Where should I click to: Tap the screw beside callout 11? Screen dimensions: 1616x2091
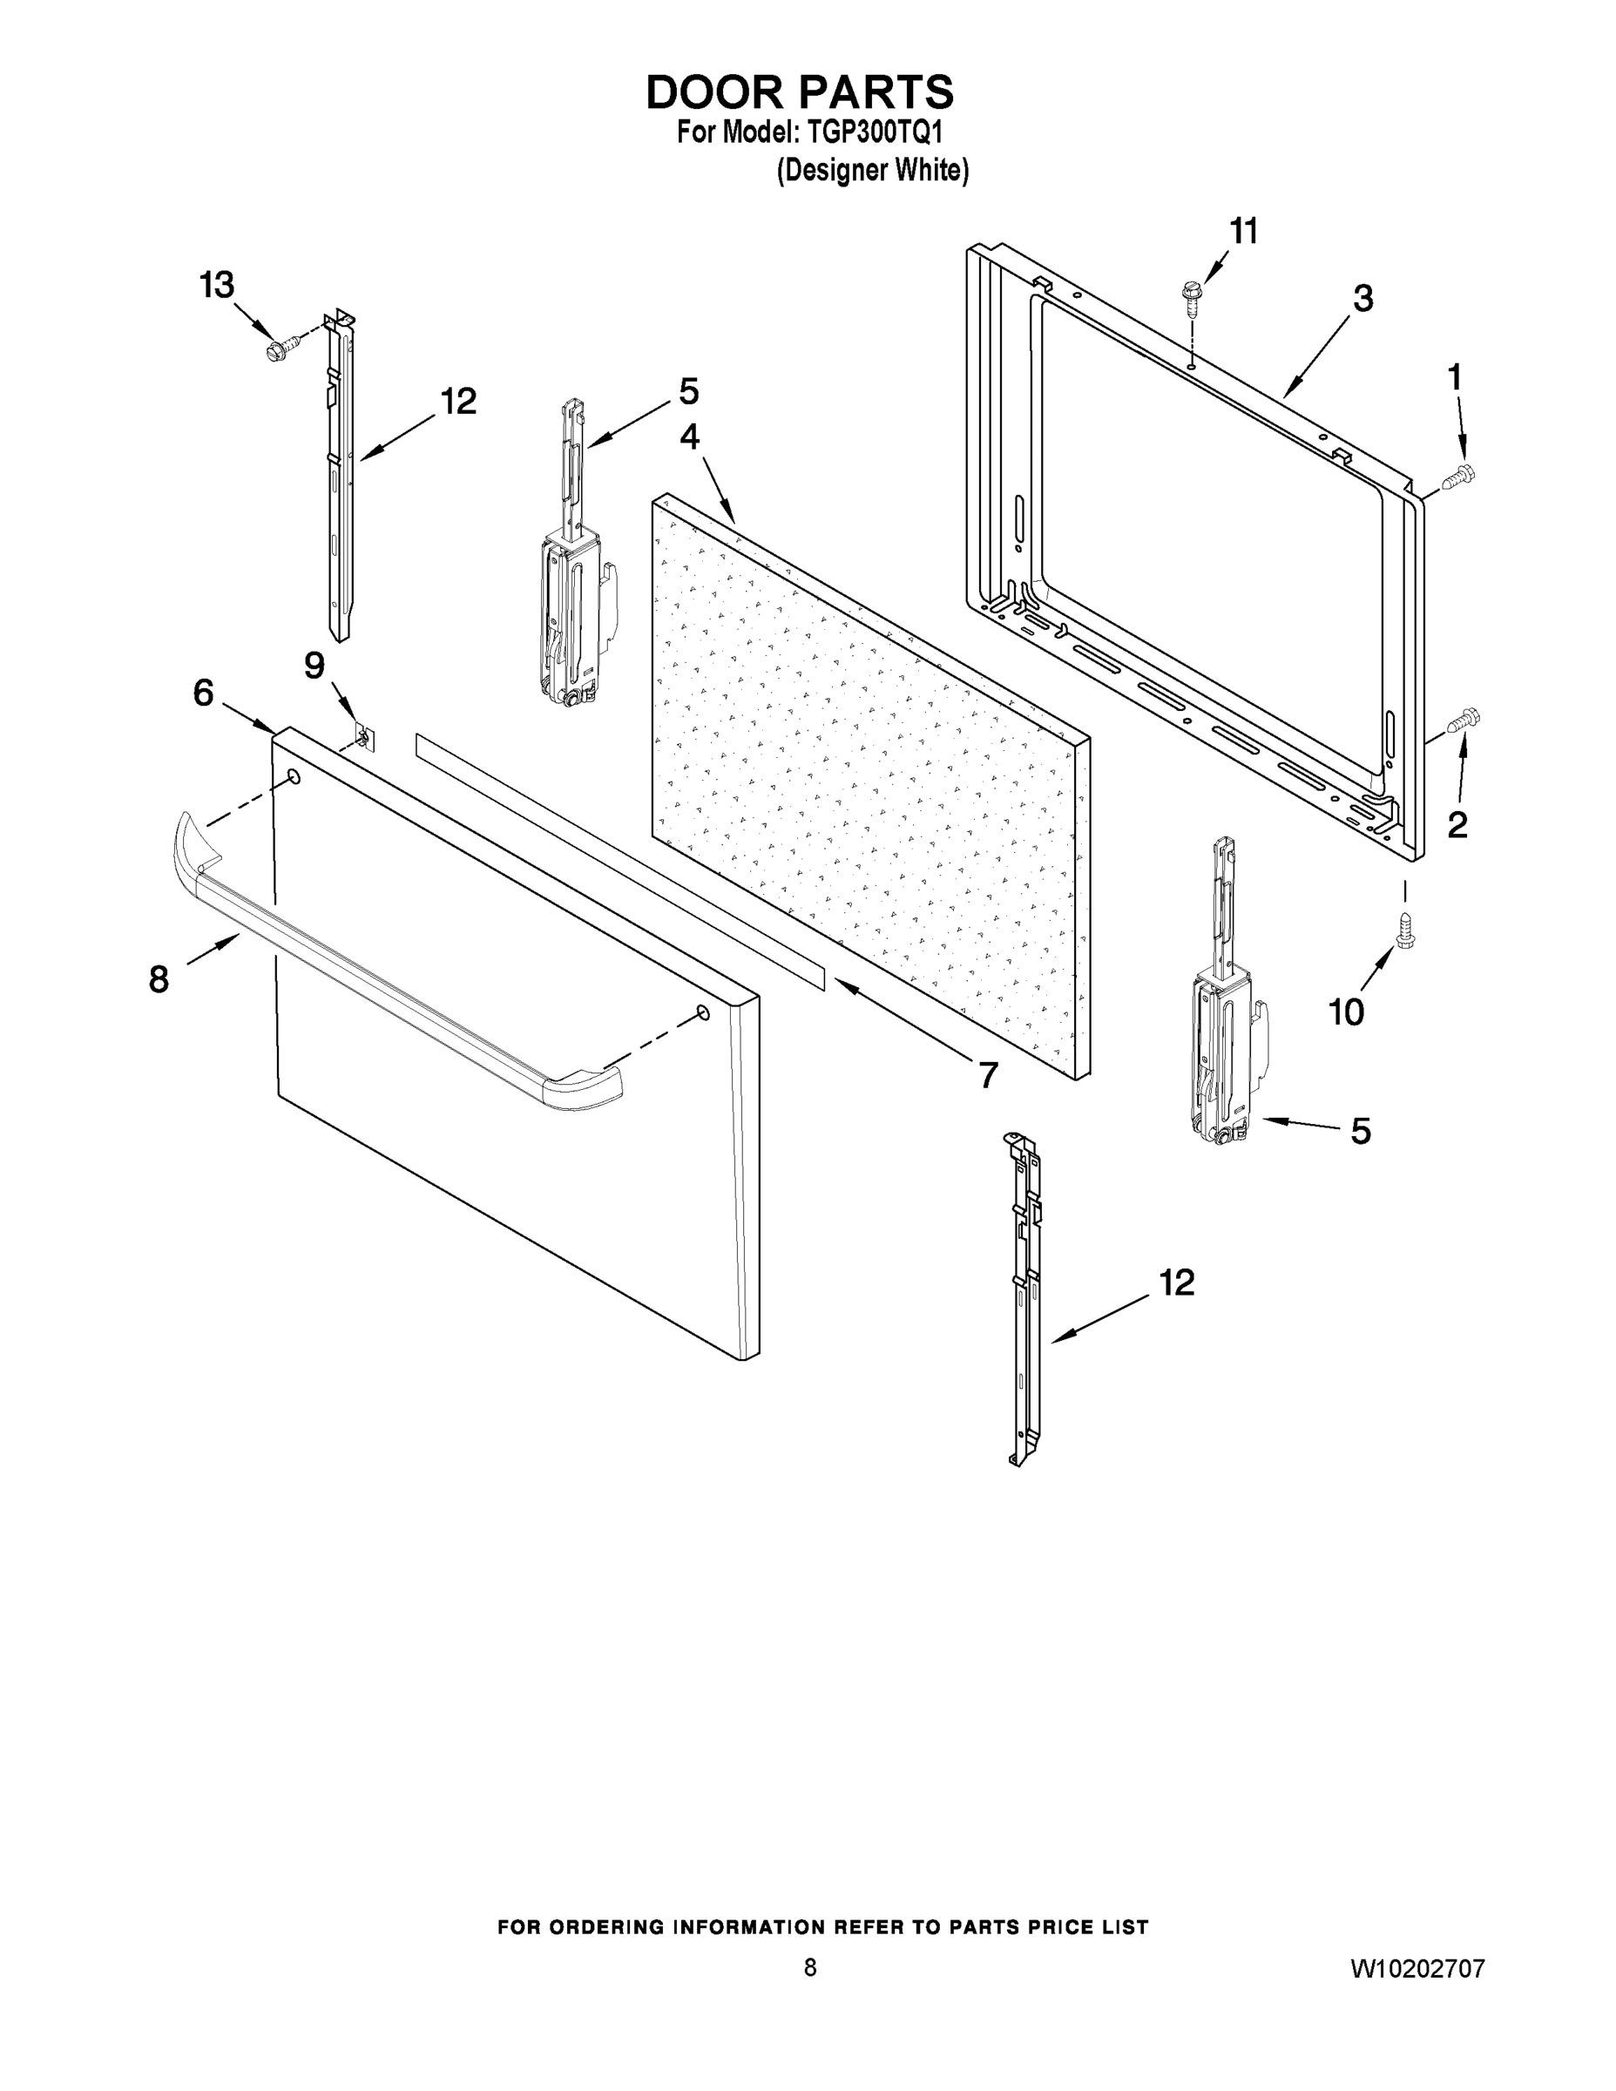(1192, 298)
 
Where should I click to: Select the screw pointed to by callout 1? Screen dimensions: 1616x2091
(1462, 474)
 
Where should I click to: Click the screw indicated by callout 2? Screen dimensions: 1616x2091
(1464, 719)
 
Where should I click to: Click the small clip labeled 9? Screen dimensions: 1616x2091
(364, 738)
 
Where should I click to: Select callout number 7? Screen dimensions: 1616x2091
(988, 1074)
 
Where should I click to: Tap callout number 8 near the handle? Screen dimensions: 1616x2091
(159, 978)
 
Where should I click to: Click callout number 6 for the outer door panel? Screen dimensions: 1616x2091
(203, 693)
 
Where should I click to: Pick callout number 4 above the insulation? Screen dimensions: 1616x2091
(689, 436)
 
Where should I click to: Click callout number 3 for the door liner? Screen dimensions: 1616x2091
(1362, 298)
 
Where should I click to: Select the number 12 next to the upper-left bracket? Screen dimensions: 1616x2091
(457, 401)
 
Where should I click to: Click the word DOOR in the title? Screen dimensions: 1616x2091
(715, 91)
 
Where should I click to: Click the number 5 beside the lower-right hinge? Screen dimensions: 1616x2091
(1361, 1131)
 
